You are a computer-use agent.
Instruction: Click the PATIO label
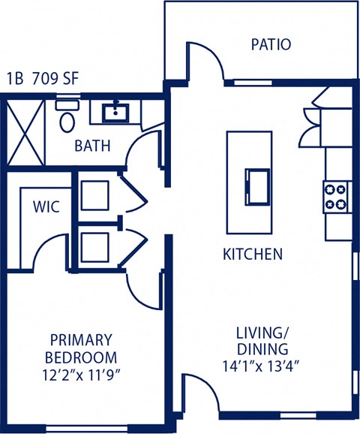tap(270, 44)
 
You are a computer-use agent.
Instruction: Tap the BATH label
tap(92, 146)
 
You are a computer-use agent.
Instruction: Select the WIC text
tap(46, 206)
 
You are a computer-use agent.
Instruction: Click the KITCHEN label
tap(253, 254)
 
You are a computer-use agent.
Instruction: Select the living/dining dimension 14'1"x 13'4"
tap(262, 366)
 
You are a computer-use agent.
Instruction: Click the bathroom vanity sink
tap(114, 113)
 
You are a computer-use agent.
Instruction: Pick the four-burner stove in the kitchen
tap(336, 196)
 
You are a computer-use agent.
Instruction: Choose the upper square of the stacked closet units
tap(95, 194)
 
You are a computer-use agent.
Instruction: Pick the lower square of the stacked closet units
tap(95, 246)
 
